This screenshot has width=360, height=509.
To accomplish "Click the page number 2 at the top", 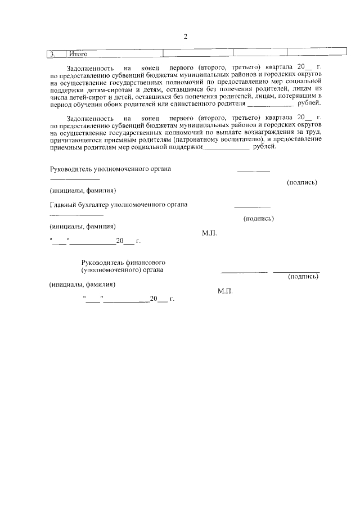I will pyautogui.click(x=185, y=37).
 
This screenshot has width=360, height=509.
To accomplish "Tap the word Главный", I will pyautogui.click(x=63, y=204).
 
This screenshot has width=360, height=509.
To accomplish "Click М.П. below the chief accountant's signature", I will pyautogui.click(x=209, y=232).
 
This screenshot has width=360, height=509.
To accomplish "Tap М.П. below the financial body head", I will pyautogui.click(x=224, y=291).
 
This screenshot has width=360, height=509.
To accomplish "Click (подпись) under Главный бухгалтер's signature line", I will pyautogui.click(x=258, y=218).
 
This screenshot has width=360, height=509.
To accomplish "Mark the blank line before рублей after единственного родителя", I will pyautogui.click(x=271, y=104).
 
